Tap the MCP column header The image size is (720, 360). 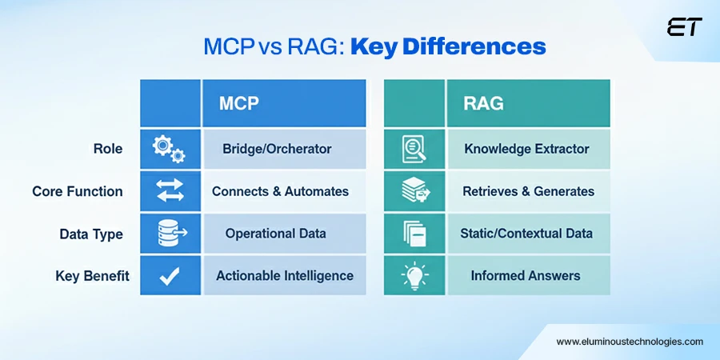[x=239, y=102]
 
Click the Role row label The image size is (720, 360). [x=107, y=148]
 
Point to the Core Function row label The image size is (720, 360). [x=78, y=191]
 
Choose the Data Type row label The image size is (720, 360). [x=91, y=234]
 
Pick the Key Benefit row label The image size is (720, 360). [x=92, y=276]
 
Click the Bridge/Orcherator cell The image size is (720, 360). [x=278, y=148]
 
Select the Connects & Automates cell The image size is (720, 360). [x=280, y=191]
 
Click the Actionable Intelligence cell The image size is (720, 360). [x=284, y=276]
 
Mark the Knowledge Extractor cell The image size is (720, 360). [x=526, y=148]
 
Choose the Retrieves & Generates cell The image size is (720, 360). [x=528, y=191]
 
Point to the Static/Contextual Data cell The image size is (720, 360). [x=526, y=234]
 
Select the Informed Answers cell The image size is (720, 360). [x=526, y=276]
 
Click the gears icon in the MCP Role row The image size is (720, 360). [x=169, y=148]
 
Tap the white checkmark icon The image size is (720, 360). [x=169, y=277]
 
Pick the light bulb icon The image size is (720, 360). [x=413, y=276]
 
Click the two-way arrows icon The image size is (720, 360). [x=169, y=191]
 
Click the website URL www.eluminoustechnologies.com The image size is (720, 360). [x=630, y=341]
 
